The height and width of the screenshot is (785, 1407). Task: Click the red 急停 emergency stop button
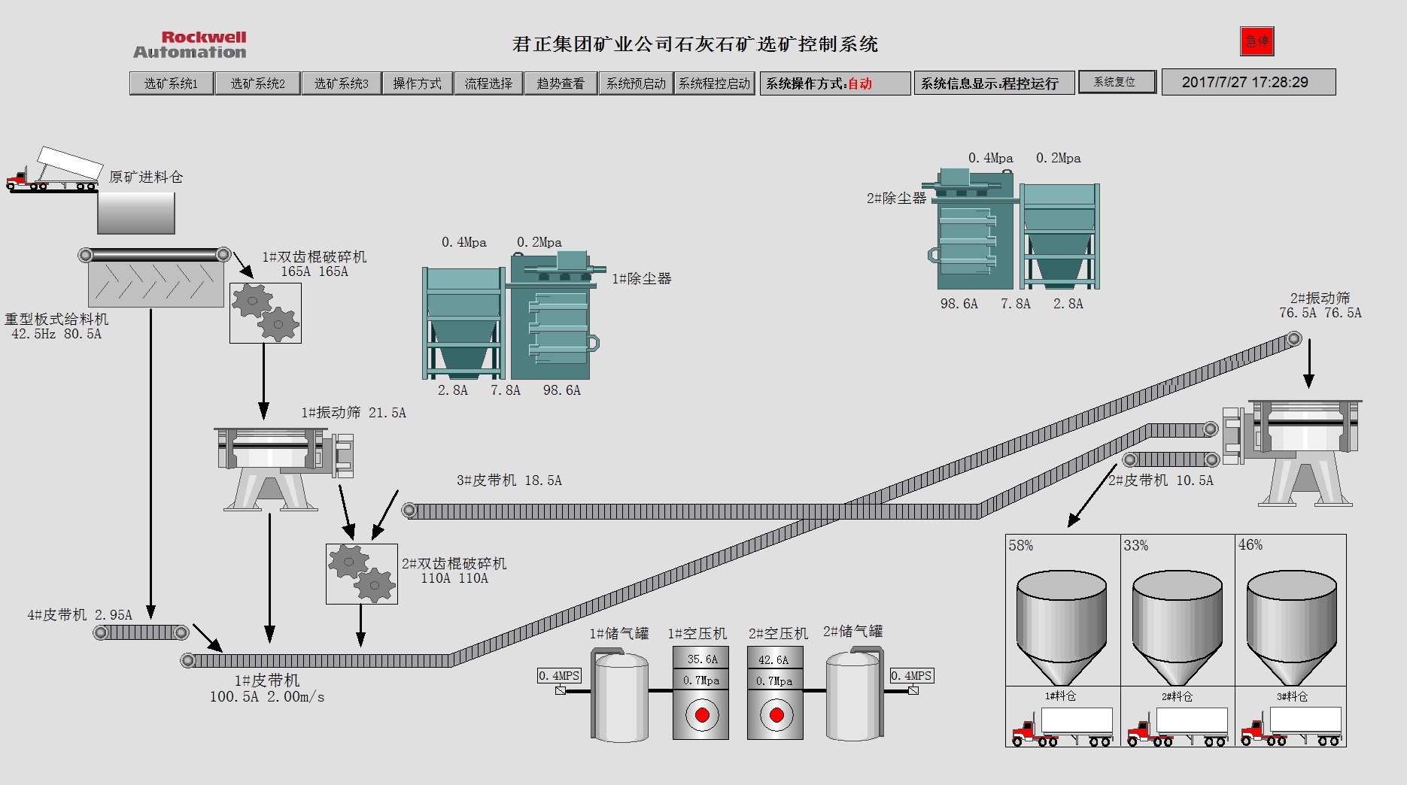1257,41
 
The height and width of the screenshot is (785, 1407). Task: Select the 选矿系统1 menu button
172,83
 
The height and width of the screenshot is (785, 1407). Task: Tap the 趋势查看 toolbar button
561,83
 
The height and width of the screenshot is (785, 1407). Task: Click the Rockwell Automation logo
190,44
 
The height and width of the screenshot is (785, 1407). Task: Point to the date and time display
1248,83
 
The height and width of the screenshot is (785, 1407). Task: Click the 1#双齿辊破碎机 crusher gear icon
266,313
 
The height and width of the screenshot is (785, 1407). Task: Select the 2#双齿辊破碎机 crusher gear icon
361,574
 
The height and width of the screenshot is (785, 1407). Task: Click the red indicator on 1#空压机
701,714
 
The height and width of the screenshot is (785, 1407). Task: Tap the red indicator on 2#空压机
776,714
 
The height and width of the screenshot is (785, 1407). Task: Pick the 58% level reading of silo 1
1021,545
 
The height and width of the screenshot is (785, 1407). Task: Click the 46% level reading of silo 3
1250,545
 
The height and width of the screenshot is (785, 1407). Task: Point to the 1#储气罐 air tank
620,696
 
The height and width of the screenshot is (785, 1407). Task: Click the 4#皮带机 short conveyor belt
141,633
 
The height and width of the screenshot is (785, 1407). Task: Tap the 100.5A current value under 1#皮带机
234,697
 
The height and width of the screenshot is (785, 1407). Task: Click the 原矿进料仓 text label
146,177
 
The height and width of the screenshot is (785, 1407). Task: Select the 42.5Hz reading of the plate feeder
33,334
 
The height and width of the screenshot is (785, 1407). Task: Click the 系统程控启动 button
714,83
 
